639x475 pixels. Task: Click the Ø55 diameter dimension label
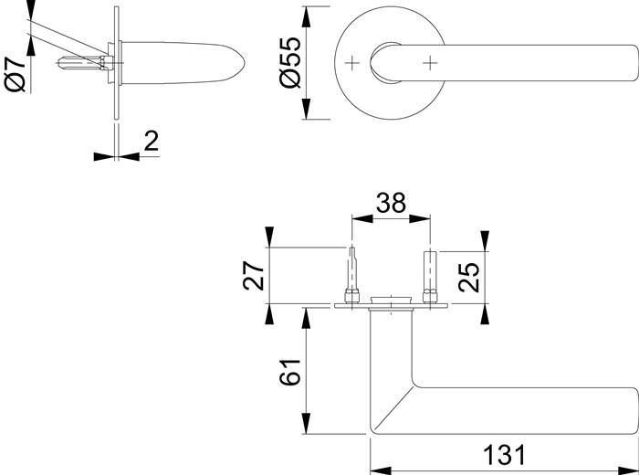(x=290, y=62)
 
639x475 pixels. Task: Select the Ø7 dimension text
(x=16, y=74)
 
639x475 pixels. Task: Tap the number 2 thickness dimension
(x=152, y=141)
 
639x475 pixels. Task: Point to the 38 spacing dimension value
(x=391, y=203)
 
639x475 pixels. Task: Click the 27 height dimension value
(x=254, y=276)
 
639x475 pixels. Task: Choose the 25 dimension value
(x=468, y=278)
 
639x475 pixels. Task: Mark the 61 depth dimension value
(x=289, y=372)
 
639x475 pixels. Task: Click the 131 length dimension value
(x=505, y=455)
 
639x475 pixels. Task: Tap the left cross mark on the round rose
(x=352, y=63)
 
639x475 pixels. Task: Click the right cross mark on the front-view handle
(x=430, y=63)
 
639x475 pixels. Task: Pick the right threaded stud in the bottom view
(x=430, y=278)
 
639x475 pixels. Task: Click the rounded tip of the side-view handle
(x=240, y=63)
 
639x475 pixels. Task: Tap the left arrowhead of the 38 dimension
(x=362, y=219)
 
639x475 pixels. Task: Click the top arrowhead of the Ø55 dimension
(x=307, y=16)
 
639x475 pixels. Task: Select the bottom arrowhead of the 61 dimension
(x=306, y=424)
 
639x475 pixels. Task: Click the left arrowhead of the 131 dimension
(x=381, y=471)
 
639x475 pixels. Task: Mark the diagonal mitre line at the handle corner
(x=394, y=407)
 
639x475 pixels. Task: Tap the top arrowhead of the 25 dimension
(x=485, y=241)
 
